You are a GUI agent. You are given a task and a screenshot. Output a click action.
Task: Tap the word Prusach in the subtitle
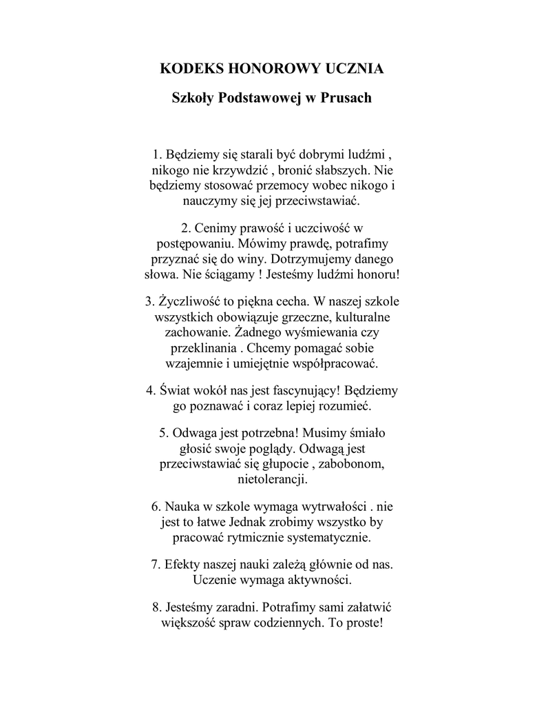(346, 98)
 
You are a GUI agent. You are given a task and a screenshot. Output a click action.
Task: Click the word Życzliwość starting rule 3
(188, 302)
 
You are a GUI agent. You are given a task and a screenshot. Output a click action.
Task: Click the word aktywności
(317, 579)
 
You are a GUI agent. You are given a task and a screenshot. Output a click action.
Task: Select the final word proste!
(362, 623)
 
